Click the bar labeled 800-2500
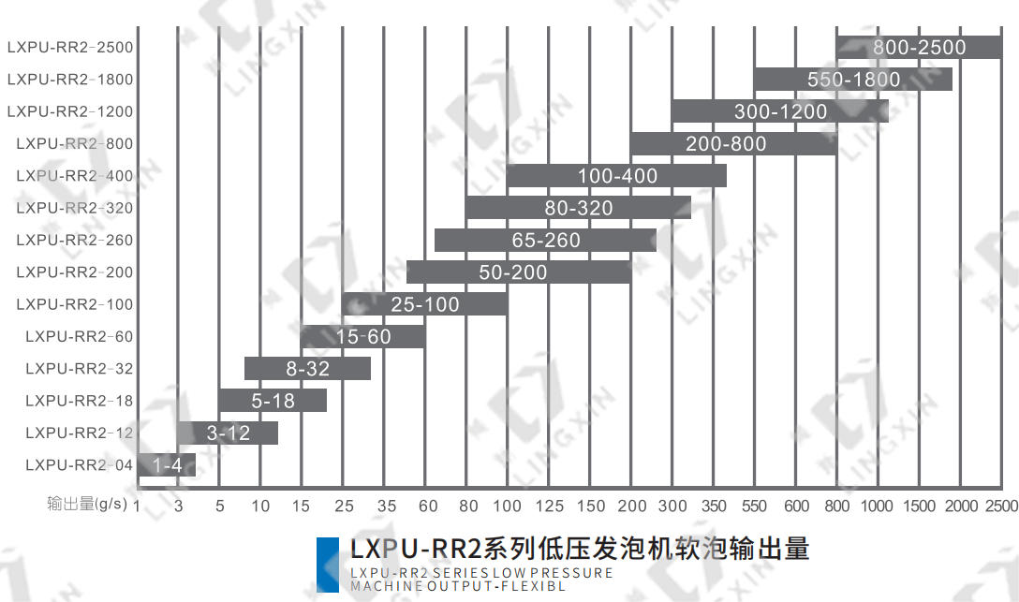pyautogui.click(x=919, y=48)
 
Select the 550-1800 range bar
pyautogui.click(x=853, y=80)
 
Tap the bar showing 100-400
pyautogui.click(x=616, y=176)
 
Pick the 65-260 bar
pyautogui.click(x=545, y=241)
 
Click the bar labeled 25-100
pyautogui.click(x=424, y=304)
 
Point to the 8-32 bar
pyautogui.click(x=307, y=369)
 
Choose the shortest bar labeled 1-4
pyautogui.click(x=167, y=465)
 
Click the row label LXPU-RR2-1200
pyautogui.click(x=70, y=111)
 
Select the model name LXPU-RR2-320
pyautogui.click(x=75, y=208)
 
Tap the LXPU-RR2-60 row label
pyautogui.click(x=80, y=336)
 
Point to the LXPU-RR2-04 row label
pyautogui.click(x=80, y=464)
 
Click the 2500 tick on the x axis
pyautogui.click(x=1001, y=507)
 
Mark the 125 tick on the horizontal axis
pyautogui.click(x=549, y=507)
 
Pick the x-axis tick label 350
pyautogui.click(x=714, y=507)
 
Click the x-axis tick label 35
pyautogui.click(x=386, y=507)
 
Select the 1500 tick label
pyautogui.click(x=920, y=507)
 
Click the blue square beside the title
pyautogui.click(x=327, y=565)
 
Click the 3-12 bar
pyautogui.click(x=228, y=433)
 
